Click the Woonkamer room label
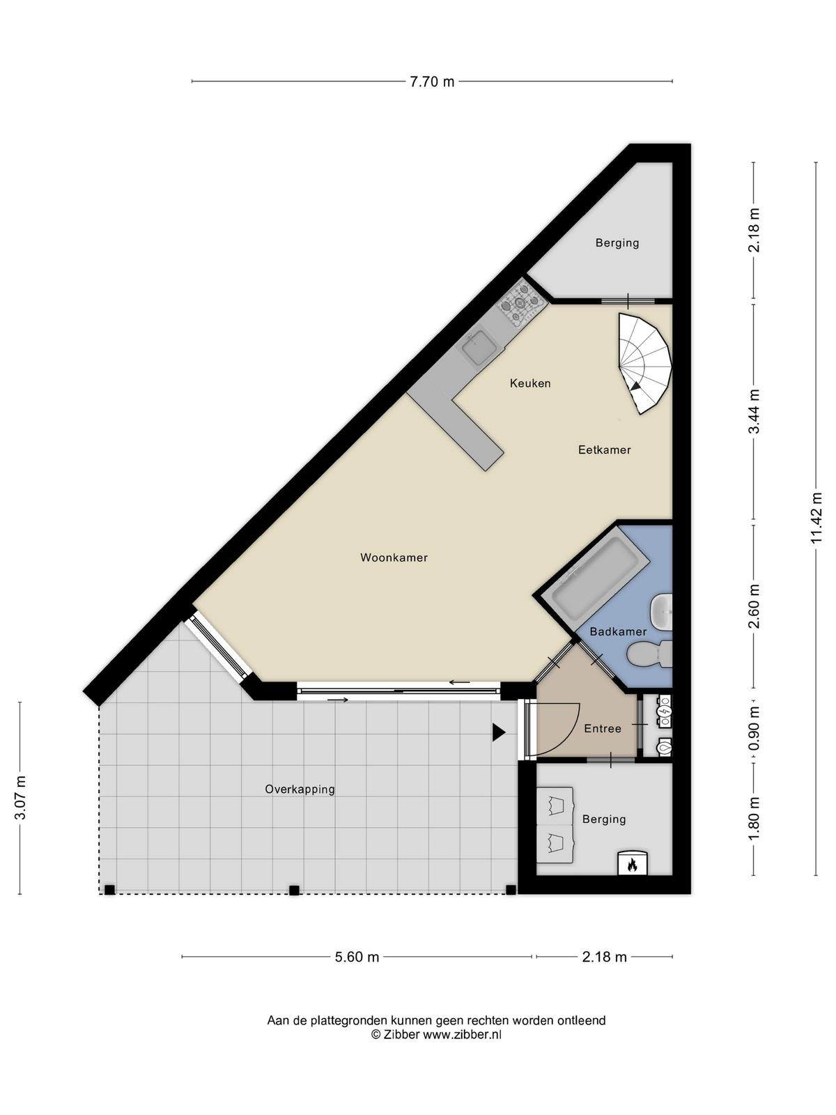tap(394, 557)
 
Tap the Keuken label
tap(530, 383)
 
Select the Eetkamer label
tap(604, 449)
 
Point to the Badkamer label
tap(618, 631)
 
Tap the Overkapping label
tap(300, 790)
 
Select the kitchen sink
tap(479, 348)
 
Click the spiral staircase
tap(644, 362)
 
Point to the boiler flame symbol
tap(632, 864)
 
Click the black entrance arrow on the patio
tap(499, 732)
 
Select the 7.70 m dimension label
tap(432, 82)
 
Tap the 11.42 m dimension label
tap(816, 518)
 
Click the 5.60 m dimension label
tap(357, 957)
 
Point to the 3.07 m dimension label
tap(20, 798)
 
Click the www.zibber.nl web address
tap(462, 1035)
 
